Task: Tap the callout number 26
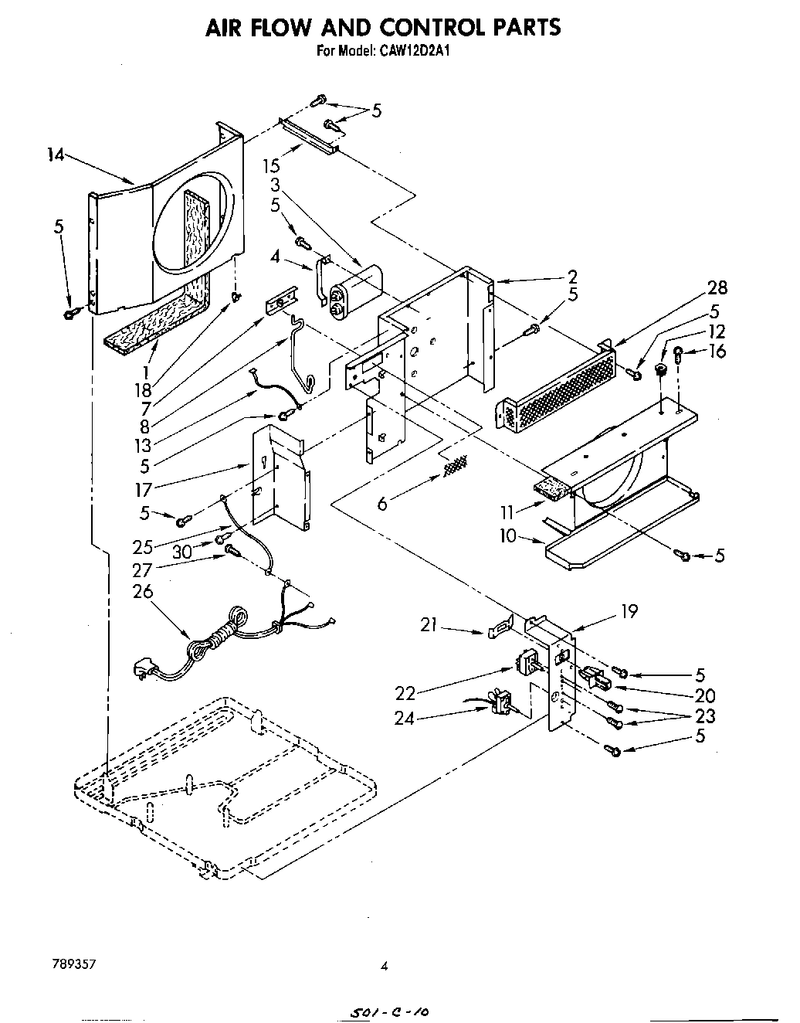(143, 591)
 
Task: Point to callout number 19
(629, 611)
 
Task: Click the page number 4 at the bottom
(383, 965)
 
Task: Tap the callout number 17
(143, 489)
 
